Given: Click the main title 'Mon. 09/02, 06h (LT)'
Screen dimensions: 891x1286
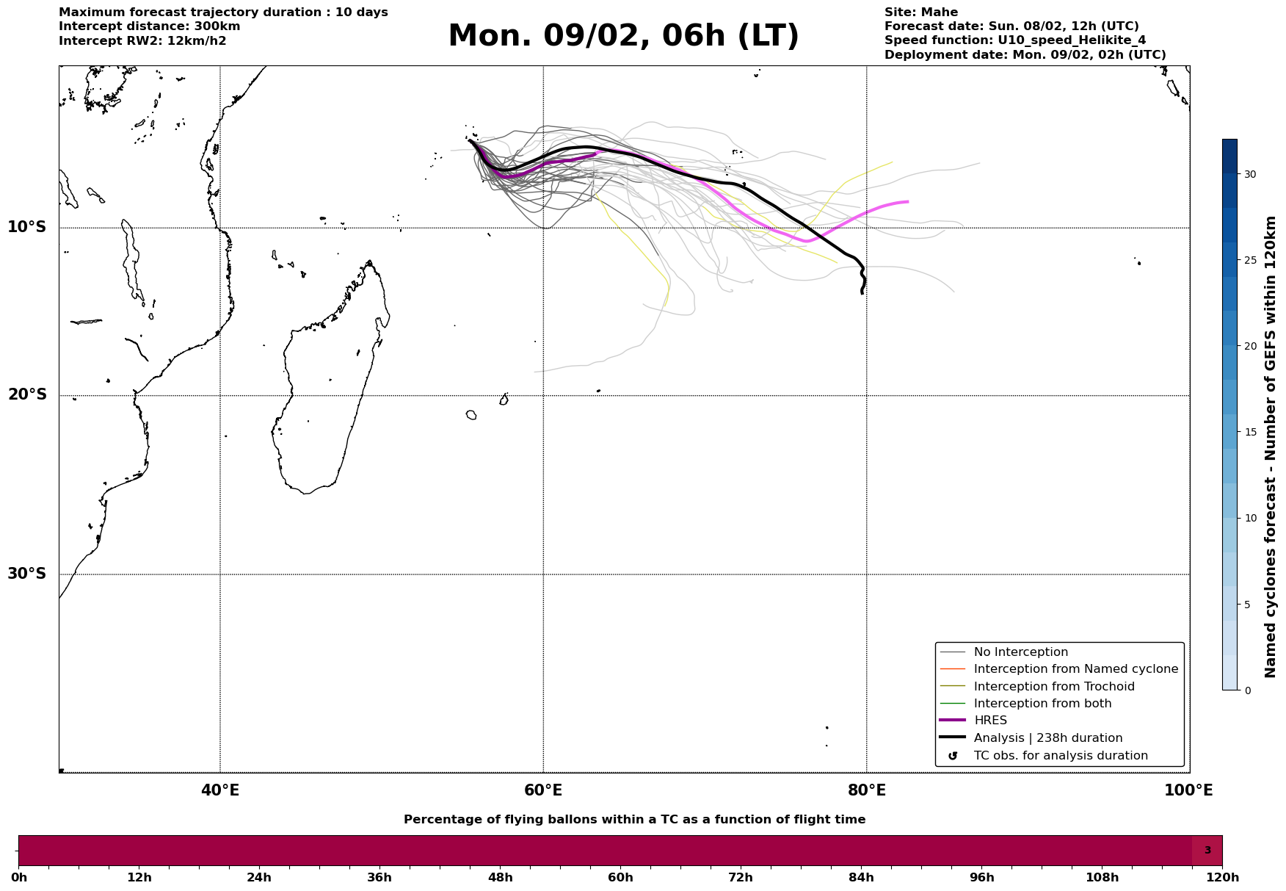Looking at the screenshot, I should [623, 37].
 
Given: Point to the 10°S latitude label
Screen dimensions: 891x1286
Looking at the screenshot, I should [27, 227].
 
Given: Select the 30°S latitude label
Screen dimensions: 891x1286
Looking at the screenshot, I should [27, 574].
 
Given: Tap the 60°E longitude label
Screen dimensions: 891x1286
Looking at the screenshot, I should [543, 791].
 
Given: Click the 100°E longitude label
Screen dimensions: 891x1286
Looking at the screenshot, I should [1188, 791].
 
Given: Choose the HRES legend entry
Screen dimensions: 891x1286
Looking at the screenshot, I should [990, 721].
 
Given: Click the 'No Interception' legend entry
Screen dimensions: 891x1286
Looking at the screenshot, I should [1020, 652].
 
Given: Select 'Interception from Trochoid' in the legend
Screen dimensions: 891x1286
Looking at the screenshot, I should [1053, 687].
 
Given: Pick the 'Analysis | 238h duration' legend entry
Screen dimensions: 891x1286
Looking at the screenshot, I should [1047, 738].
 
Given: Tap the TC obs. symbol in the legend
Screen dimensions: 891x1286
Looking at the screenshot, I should [953, 756].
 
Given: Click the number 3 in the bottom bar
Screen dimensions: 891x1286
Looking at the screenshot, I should [1207, 851].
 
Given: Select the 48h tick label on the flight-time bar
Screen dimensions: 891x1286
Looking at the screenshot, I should [500, 878].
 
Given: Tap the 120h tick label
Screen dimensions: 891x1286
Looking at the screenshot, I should [1222, 878].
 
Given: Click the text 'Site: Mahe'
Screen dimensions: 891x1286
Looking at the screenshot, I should [920, 12].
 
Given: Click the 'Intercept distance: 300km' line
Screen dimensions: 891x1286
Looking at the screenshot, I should [149, 26].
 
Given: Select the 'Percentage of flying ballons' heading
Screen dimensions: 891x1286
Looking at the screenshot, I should [634, 820].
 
